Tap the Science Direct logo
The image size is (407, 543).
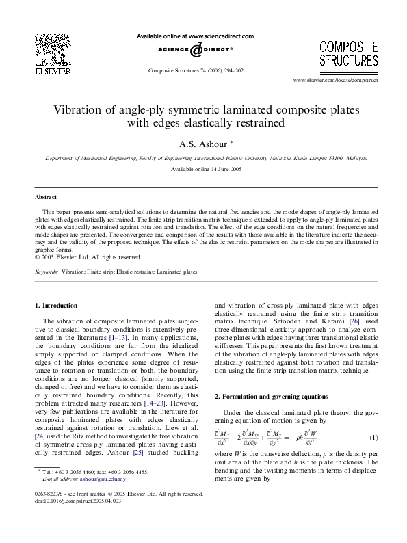tap(195, 49)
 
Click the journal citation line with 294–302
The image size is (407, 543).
tap(195, 70)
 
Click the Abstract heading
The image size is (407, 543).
tap(46, 197)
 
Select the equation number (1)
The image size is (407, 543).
tap(373, 437)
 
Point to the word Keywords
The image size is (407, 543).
tap(47, 271)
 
